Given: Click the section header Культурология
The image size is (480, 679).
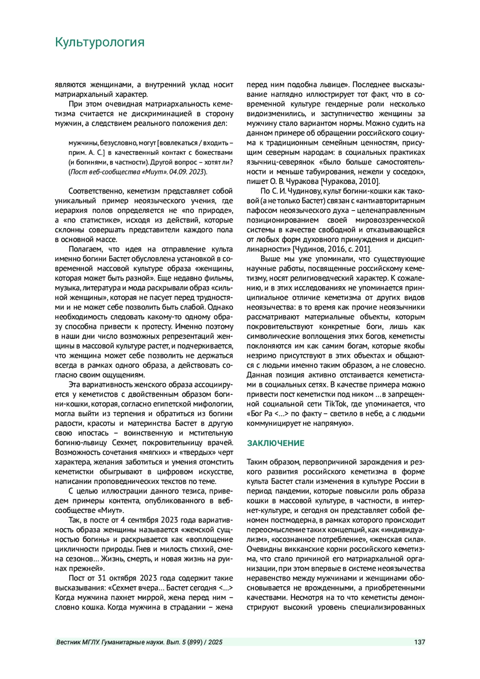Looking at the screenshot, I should coord(100,42).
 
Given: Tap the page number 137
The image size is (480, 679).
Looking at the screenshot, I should coord(420,642).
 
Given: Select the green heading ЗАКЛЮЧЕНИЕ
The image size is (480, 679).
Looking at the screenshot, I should coord(276,443).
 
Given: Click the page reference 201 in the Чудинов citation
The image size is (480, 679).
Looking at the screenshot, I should coord(365,249).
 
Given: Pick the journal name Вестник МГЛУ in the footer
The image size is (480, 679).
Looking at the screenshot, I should coord(78,642).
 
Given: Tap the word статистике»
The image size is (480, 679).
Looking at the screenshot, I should coord(93,220).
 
